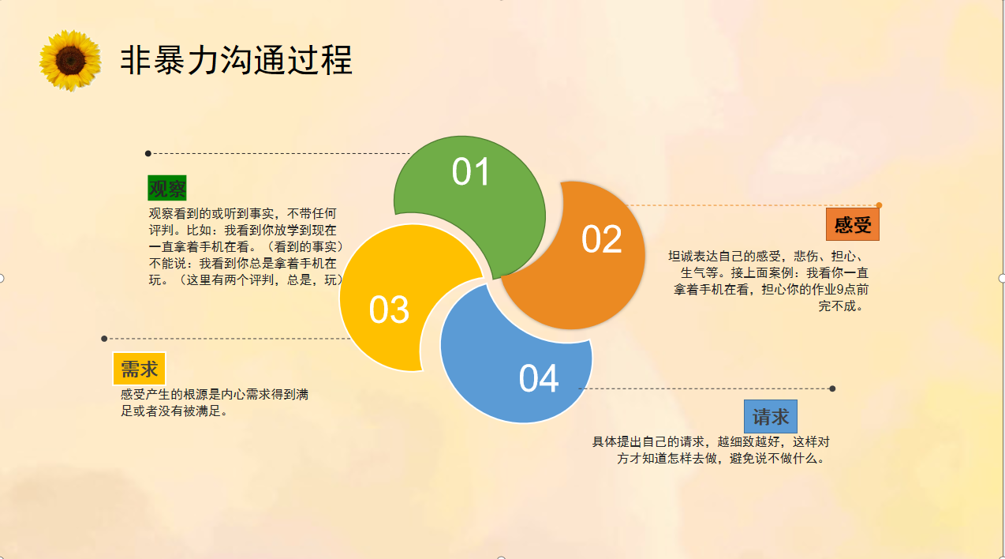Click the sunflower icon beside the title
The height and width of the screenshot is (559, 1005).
(70, 61)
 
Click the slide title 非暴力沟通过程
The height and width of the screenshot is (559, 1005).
(237, 60)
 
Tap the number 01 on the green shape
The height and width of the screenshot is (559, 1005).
(470, 171)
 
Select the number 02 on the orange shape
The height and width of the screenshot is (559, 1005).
(602, 239)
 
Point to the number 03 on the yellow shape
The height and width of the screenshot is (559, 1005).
(389, 310)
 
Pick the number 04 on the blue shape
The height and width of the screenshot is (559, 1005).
(538, 378)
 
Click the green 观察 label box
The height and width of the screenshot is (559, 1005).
(167, 188)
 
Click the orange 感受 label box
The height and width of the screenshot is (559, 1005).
(853, 224)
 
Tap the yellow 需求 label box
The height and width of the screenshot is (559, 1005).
(139, 369)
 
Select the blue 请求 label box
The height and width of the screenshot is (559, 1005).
(771, 417)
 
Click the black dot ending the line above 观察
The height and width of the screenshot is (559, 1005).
(148, 153)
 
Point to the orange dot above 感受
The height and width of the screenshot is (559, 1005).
(879, 205)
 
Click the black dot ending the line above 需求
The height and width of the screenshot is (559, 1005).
(104, 339)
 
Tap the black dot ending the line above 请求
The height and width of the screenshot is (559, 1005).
(832, 388)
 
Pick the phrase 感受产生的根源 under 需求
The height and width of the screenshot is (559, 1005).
(164, 395)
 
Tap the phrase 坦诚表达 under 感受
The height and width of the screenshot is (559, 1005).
(693, 257)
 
